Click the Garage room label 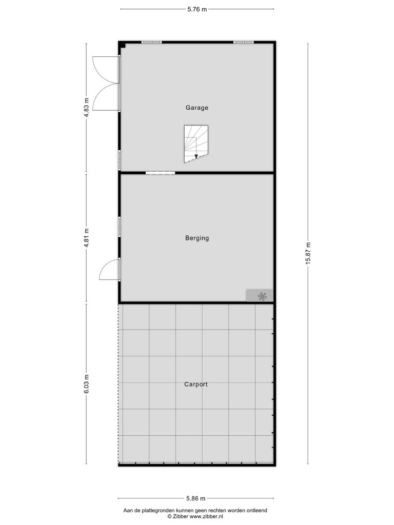[197, 108]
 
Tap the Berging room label [197, 238]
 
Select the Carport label [196, 385]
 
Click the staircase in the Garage [196, 144]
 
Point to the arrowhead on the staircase [196, 156]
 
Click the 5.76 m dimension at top [197, 9]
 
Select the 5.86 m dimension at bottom [196, 498]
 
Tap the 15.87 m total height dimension [308, 253]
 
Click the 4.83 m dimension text [86, 107]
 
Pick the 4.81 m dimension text [86, 238]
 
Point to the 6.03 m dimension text [86, 384]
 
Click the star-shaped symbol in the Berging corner [262, 296]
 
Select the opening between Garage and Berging [161, 173]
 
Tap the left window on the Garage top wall [151, 42]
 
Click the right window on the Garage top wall [244, 42]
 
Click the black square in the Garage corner [123, 45]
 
